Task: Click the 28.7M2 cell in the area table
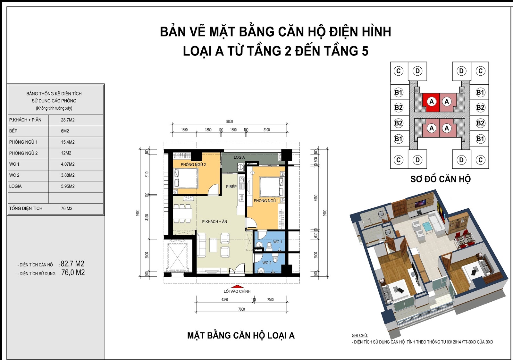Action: (68, 120)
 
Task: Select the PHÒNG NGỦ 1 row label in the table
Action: (23, 142)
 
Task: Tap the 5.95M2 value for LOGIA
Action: (68, 186)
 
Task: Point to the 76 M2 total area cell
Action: (66, 208)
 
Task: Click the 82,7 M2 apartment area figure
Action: (72, 264)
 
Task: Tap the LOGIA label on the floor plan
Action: (239, 157)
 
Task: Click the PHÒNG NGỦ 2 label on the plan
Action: (193, 164)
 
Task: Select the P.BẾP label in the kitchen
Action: (231, 187)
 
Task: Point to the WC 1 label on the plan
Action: (278, 242)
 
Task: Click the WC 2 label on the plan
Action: (267, 263)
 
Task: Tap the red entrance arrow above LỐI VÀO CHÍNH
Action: (237, 287)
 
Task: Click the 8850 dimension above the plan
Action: (230, 121)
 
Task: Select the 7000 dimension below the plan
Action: (241, 309)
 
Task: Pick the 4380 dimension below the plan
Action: (225, 299)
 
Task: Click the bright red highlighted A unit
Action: (431, 102)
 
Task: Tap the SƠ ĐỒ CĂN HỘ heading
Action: (441, 179)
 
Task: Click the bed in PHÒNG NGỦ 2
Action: (186, 178)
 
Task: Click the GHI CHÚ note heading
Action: (360, 335)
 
